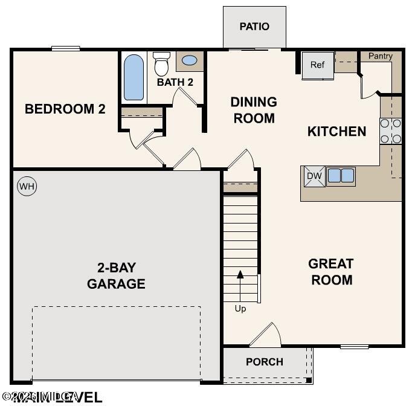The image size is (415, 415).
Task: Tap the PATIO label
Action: coord(254,27)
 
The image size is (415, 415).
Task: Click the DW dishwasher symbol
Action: coord(313,176)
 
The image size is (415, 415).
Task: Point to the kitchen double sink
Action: coord(341,176)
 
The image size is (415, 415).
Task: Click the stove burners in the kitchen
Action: coord(391,132)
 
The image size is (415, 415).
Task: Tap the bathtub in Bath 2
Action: coord(134,77)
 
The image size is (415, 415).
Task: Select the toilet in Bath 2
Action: coord(161,63)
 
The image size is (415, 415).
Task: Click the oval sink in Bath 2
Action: coord(189,61)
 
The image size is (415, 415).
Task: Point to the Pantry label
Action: coord(381,56)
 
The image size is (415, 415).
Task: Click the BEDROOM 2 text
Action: coord(65,109)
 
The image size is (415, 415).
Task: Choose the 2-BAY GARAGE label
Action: coord(116,276)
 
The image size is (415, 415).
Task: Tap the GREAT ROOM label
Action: coord(331,272)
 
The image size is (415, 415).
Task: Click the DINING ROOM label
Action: coord(254,110)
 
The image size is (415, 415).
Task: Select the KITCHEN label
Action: coord(337,131)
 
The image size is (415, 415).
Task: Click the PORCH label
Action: coord(265,362)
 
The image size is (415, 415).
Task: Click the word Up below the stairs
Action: coord(240,309)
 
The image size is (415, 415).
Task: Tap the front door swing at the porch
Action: coord(267,334)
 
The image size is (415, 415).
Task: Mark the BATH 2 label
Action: coord(175,82)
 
